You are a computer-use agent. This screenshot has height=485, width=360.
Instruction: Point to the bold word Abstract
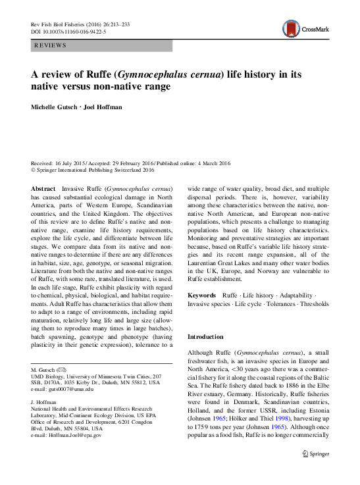pos(43,188)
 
